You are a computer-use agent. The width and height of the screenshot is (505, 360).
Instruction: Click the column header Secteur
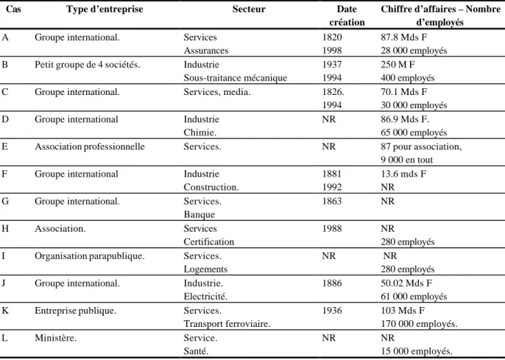pos(249,9)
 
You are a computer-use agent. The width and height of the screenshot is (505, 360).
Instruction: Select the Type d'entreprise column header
pos(105,10)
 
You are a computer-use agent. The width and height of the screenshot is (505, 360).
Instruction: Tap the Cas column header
pos(13,9)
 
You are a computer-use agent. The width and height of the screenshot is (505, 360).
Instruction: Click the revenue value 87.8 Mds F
pos(404,38)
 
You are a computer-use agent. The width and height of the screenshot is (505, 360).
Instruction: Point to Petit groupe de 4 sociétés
pos(88,65)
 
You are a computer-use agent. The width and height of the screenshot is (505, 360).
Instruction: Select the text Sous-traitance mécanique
pos(235,78)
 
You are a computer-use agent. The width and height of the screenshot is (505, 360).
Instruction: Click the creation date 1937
pos(332,65)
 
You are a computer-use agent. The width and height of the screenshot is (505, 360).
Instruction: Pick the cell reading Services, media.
pos(216,92)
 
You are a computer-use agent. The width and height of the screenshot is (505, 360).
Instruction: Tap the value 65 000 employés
pos(414,133)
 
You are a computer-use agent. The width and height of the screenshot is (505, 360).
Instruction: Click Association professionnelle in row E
pos(90,147)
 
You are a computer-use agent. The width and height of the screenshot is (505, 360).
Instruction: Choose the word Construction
pos(211,187)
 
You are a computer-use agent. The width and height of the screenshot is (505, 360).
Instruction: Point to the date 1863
pos(332,201)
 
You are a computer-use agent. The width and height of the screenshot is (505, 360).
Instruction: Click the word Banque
pos(199,214)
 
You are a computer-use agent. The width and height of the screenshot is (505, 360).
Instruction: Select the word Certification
pos(209,241)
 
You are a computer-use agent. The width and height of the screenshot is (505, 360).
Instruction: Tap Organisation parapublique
pos(90,256)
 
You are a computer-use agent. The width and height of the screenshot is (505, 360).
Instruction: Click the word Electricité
pos(205,296)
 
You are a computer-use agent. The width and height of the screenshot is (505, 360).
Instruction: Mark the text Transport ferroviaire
pos(227,324)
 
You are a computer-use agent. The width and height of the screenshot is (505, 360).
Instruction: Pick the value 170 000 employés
pos(419,324)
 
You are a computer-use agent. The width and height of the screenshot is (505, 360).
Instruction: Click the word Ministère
pos(55,338)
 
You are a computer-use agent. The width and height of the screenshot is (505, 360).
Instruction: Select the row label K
pos(5,311)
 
